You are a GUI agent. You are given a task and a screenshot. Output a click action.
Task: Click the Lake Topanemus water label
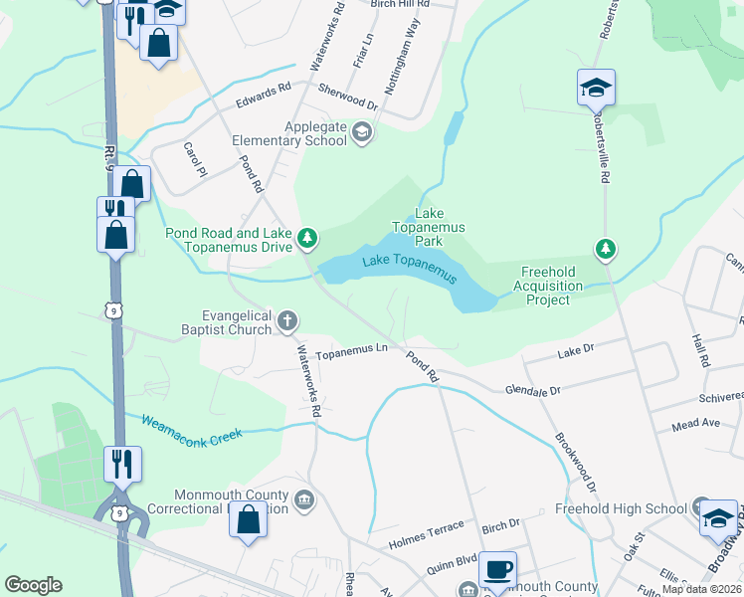tap(410, 269)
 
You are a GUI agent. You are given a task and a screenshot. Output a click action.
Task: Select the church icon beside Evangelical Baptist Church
tap(287, 319)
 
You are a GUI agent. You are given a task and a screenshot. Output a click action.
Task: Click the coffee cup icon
tap(498, 570)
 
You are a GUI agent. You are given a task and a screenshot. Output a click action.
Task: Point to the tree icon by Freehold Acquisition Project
tap(602, 248)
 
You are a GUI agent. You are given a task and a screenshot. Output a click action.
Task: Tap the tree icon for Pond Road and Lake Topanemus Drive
tap(308, 238)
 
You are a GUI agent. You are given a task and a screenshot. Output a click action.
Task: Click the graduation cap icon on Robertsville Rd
tap(596, 88)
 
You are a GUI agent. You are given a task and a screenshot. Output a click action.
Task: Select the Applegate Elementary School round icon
tap(363, 131)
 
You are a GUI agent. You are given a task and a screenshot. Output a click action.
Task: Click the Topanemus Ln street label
tap(351, 351)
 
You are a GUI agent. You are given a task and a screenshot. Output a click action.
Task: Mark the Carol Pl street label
tap(193, 159)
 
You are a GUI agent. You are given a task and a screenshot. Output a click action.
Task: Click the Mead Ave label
tap(695, 423)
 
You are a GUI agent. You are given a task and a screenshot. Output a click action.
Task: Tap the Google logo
tap(33, 585)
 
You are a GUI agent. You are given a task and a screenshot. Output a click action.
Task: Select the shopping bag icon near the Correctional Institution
tap(248, 519)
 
